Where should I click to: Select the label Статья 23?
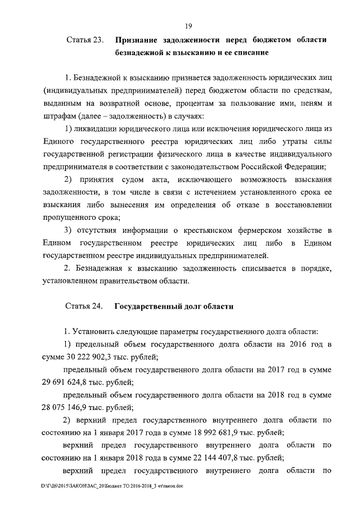click(85, 40)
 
